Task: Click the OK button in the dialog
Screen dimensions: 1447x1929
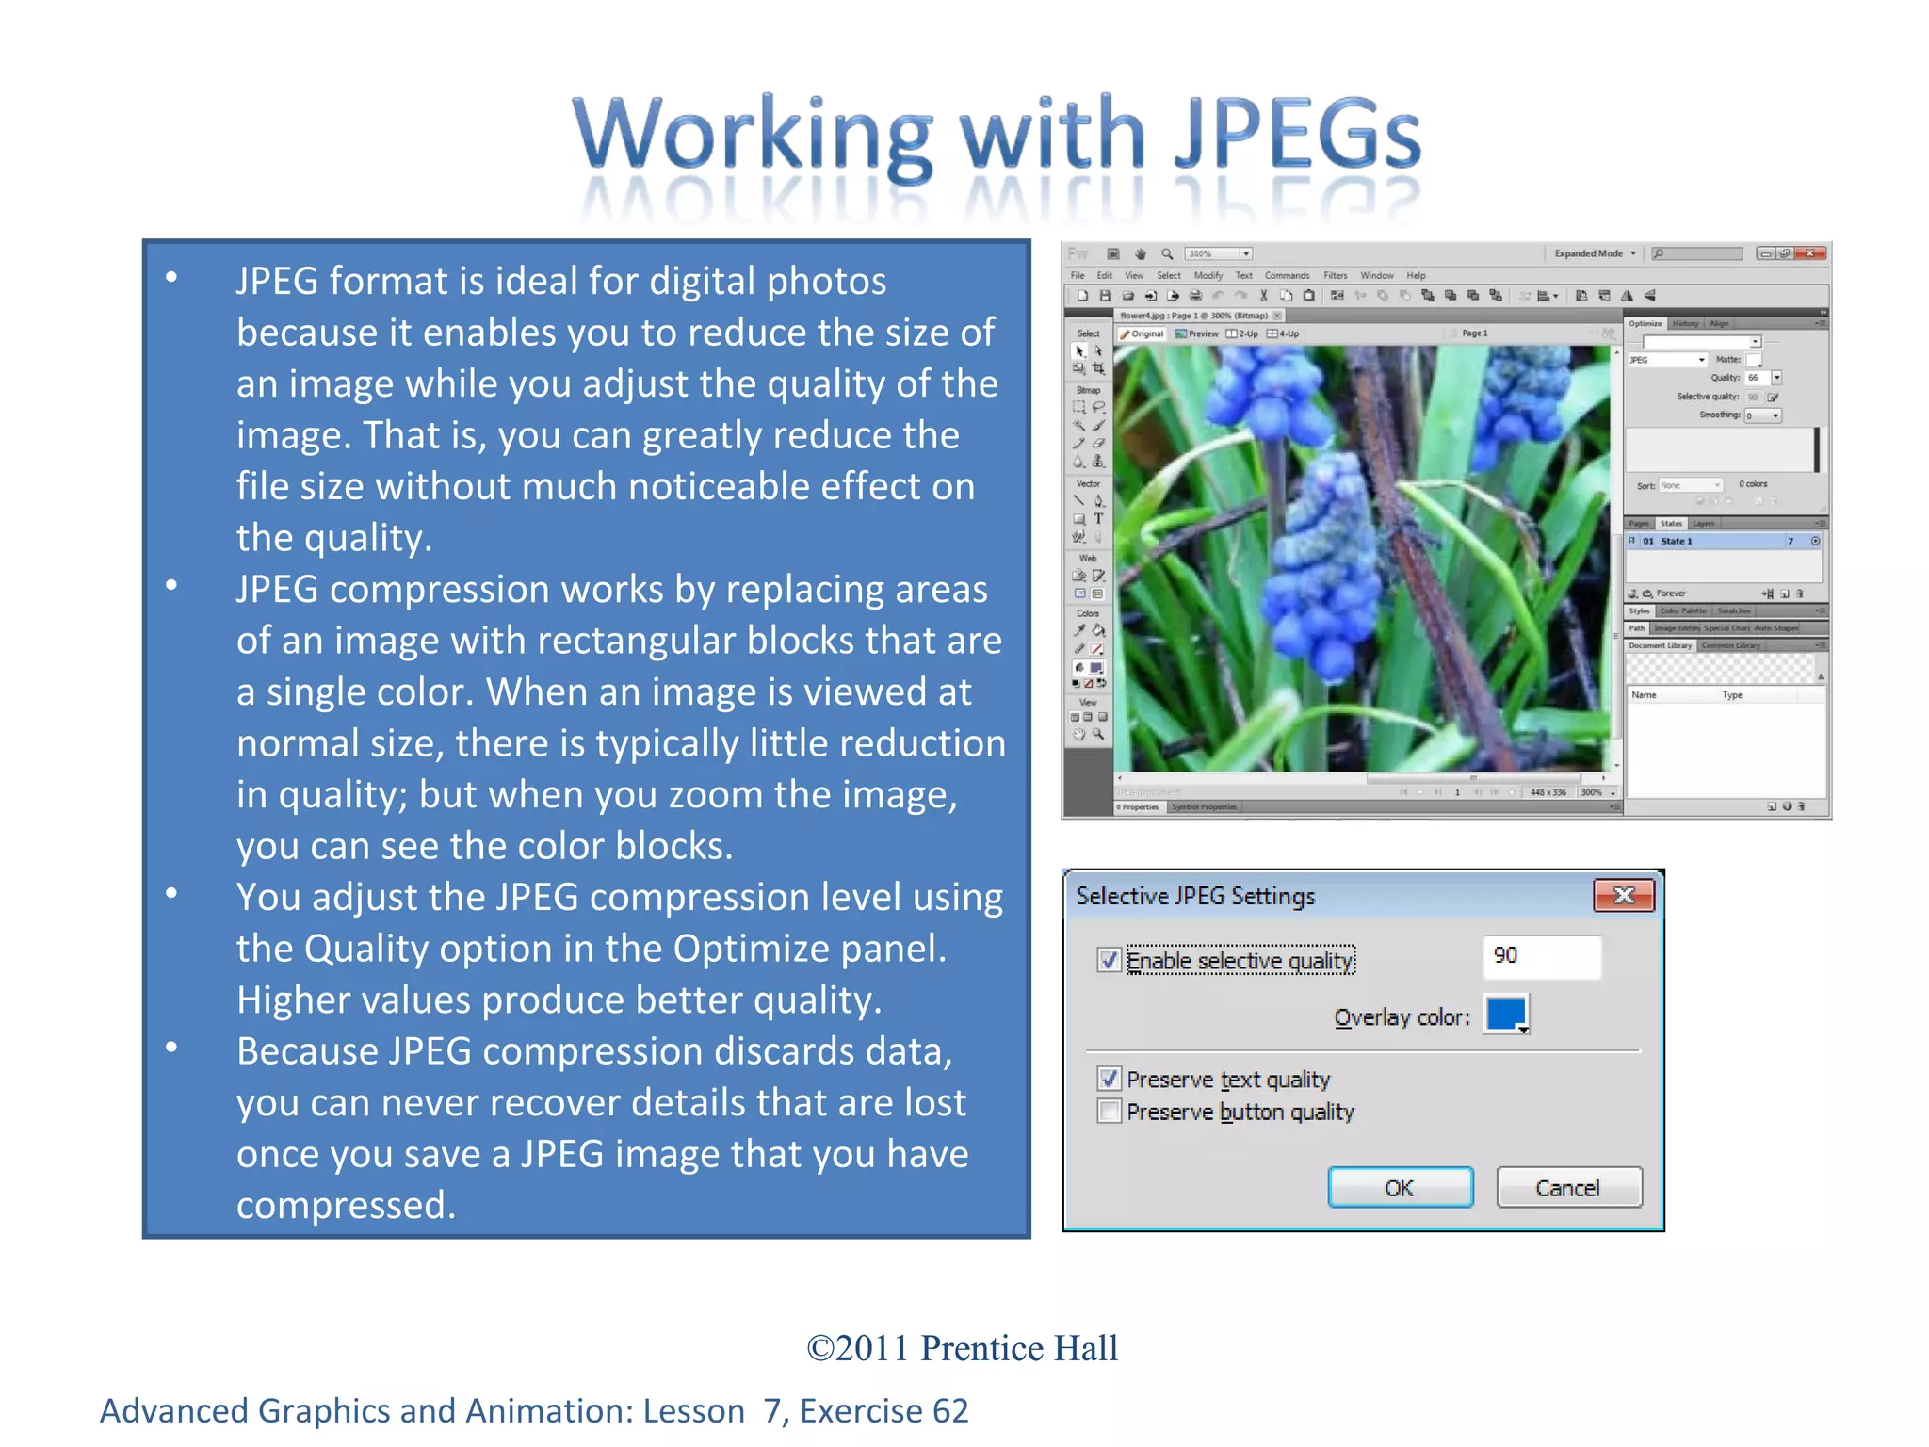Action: [x=1400, y=1188]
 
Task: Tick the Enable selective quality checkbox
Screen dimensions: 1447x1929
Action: [x=1109, y=960]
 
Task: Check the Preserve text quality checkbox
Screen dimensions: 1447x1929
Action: [x=1109, y=1079]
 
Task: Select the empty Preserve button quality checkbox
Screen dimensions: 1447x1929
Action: [x=1109, y=1112]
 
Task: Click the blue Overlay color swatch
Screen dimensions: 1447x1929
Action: [x=1505, y=1015]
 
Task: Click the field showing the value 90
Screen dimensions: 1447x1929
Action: [x=1540, y=956]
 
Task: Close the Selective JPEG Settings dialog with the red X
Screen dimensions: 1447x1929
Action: [x=1623, y=895]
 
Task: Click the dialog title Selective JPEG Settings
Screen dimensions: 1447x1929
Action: [x=1195, y=896]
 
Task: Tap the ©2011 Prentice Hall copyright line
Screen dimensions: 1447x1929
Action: [x=963, y=1348]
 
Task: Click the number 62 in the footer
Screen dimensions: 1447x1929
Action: [x=950, y=1411]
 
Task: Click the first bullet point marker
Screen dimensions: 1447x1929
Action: [x=171, y=277]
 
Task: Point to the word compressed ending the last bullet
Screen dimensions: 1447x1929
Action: [x=345, y=1206]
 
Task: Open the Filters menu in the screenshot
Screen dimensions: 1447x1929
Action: [x=1335, y=276]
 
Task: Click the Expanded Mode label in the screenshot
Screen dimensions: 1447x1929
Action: [x=1588, y=253]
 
